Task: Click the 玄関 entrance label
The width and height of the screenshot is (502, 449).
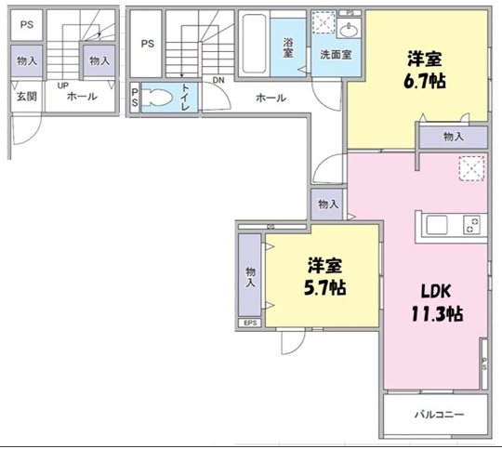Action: coord(23,96)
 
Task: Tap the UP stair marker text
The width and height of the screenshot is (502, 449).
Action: coord(62,86)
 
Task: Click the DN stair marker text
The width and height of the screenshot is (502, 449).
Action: coord(218,81)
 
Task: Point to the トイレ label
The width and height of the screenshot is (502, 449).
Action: coord(186,98)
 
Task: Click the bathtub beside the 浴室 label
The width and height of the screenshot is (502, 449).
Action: coord(254,46)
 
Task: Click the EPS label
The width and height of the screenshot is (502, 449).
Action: coord(250,323)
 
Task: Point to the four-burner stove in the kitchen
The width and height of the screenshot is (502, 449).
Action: coord(472,225)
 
